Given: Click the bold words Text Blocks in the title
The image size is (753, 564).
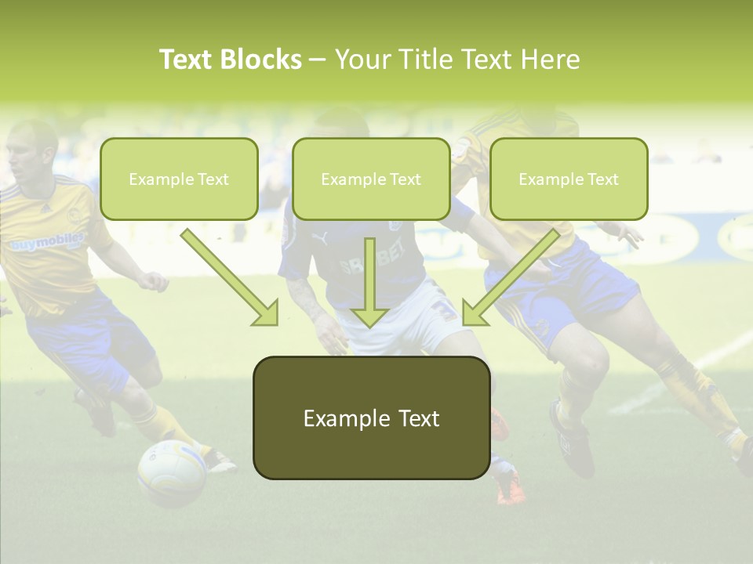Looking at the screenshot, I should [x=230, y=60].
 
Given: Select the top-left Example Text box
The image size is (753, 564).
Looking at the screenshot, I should [x=179, y=179].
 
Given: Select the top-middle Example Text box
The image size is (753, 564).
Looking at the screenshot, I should [x=371, y=179].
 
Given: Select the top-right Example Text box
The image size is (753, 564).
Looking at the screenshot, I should [x=569, y=179].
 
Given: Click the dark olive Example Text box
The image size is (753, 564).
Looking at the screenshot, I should [x=371, y=418].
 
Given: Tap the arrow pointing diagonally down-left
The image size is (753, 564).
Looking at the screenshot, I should [x=511, y=277].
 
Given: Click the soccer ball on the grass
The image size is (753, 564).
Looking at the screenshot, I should [x=172, y=472].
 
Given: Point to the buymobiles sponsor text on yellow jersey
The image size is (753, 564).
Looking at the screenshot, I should [x=47, y=242].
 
